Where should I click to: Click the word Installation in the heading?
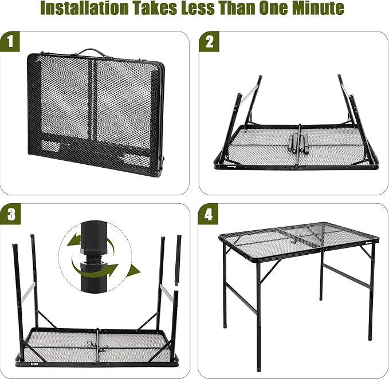point(84,8)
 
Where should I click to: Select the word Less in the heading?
point(198,8)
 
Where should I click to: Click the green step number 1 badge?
point(10,41)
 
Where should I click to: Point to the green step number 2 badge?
point(209,41)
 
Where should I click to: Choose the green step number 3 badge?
point(10,214)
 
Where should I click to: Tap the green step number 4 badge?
point(208,214)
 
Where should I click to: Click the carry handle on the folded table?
point(90,52)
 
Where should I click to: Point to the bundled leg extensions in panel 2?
point(297,143)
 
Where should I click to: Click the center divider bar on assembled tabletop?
point(298,237)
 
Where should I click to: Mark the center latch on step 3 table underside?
point(97,344)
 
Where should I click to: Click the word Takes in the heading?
point(155,8)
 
